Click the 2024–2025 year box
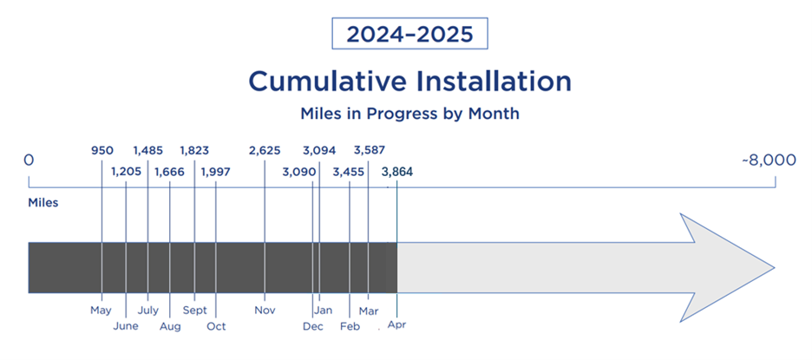coord(409,34)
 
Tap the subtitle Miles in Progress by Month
coord(409,114)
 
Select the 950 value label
coord(102,151)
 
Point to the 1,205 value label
coord(127,172)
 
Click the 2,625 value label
coord(265,151)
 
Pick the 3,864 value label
coord(397,172)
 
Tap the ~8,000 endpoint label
coord(769,160)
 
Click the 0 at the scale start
coord(29,160)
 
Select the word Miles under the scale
coord(43,202)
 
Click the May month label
coord(101,311)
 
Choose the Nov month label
coord(265,311)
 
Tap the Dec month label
coord(313,326)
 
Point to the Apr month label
coord(396,326)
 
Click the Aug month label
coord(170,327)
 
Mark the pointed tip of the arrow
coord(775,268)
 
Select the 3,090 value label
coord(299,172)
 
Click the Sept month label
coord(194,311)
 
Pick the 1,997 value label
coord(215,172)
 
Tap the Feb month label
coord(350,326)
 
